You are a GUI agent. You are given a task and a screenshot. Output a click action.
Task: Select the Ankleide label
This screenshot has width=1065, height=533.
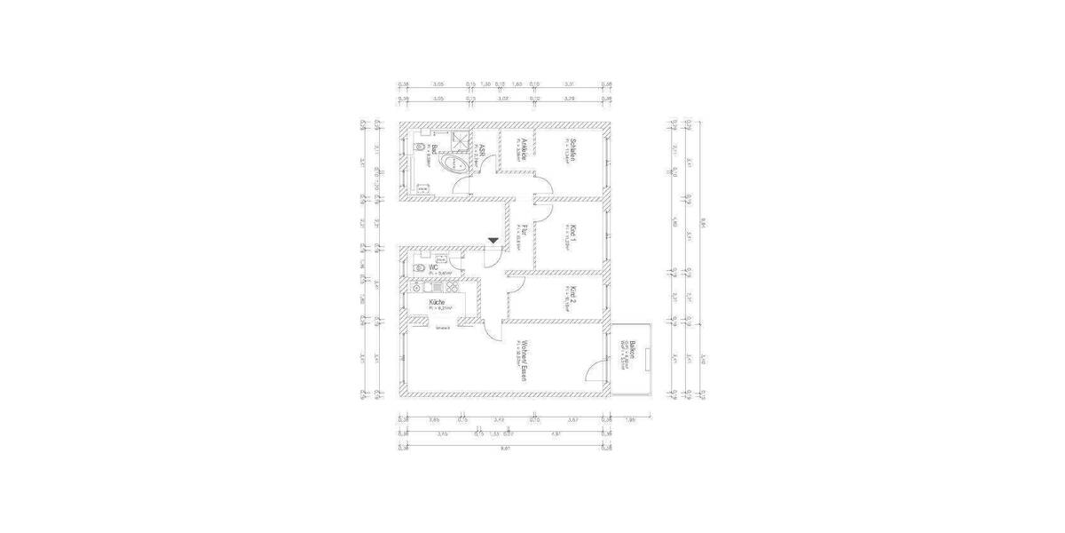point(525,147)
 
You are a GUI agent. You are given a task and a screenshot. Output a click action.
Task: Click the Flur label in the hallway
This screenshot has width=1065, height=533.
point(525,233)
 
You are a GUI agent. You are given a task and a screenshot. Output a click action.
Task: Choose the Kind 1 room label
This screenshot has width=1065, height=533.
point(574,236)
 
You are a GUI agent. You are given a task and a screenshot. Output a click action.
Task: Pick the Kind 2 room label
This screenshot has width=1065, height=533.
point(574,296)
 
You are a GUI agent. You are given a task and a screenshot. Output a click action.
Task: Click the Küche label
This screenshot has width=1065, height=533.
point(438,303)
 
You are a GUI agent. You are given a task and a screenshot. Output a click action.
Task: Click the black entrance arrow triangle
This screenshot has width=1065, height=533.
point(493,242)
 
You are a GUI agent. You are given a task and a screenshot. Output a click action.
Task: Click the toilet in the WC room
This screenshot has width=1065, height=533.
point(416,265)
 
